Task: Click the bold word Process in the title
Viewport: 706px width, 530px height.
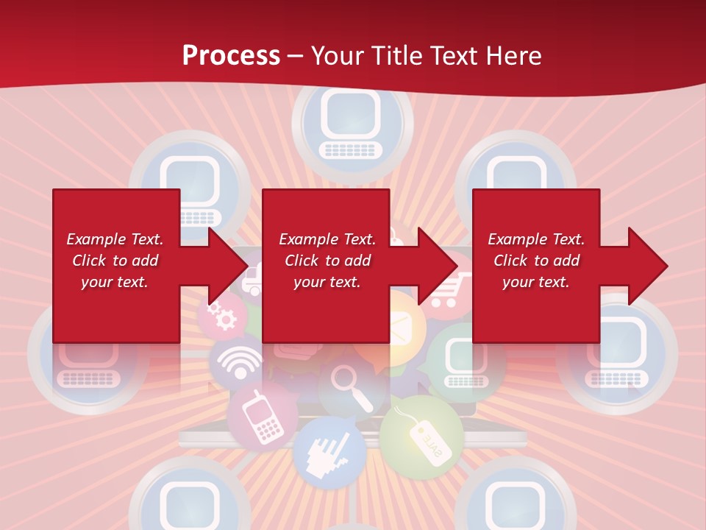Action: pos(231,55)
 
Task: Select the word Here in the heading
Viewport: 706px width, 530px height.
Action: pos(512,55)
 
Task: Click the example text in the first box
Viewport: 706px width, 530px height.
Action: pos(115,261)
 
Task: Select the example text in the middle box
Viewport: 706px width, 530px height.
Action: pos(327,261)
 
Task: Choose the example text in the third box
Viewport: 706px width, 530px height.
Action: pos(535,261)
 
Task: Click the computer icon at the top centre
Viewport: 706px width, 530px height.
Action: pos(352,125)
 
